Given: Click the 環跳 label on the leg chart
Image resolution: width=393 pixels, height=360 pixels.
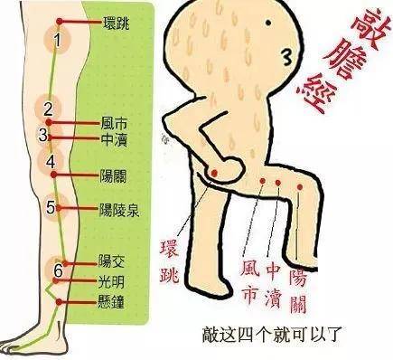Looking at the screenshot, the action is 117,23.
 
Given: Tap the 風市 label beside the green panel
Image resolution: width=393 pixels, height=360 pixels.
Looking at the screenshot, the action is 114,123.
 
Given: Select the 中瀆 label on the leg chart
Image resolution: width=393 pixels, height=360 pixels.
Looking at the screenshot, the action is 114,139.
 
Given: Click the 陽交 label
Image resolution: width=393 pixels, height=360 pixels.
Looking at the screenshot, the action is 111,261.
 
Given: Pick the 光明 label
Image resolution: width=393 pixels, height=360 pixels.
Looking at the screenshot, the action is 111,282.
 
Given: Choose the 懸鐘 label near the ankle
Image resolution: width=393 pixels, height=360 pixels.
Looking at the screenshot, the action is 111,301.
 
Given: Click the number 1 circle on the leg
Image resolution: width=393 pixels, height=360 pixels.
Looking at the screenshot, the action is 58,40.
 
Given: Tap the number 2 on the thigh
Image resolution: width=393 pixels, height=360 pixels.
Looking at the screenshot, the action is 48,109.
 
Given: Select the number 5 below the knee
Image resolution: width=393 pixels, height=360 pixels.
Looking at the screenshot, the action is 51,207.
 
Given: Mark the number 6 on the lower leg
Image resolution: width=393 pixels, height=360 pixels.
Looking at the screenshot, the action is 58,270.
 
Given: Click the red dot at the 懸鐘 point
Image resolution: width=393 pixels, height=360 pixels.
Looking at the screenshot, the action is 59,302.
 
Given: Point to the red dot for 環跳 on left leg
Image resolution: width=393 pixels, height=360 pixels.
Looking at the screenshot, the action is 60,22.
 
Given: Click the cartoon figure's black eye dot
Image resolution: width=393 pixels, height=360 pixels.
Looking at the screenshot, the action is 267,23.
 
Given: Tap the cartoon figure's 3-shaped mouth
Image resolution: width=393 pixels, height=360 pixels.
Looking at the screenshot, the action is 287,57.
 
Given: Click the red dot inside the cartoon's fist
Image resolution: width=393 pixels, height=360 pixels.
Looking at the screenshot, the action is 214,173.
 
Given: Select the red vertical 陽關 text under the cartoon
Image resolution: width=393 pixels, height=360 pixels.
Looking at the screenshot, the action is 298,291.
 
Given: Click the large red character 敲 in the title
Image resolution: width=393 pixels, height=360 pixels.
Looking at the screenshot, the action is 366,29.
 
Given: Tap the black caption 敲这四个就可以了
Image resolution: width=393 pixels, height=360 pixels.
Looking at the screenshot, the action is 272,334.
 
